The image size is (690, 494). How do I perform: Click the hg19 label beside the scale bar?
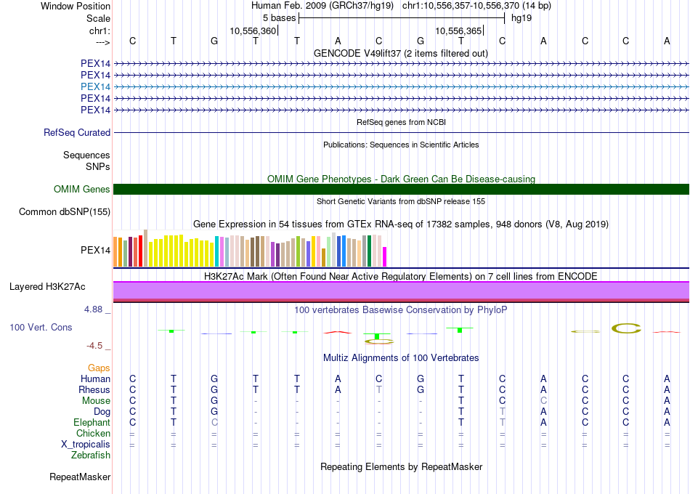pyautogui.click(x=521, y=17)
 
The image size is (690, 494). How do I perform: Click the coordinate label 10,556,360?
pyautogui.click(x=253, y=31)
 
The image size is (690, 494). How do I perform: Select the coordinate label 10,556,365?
pyautogui.click(x=458, y=31)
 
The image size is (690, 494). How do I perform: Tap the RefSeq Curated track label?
pyautogui.click(x=77, y=133)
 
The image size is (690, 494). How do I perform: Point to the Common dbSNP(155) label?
pyautogui.click(x=65, y=212)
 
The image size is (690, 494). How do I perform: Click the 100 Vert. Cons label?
pyautogui.click(x=41, y=328)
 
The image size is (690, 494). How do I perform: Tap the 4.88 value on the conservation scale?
pyautogui.click(x=94, y=309)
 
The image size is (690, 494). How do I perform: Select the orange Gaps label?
pyautogui.click(x=99, y=368)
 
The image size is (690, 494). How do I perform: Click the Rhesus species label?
pyautogui.click(x=94, y=390)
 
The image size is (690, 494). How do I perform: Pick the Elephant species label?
pyautogui.click(x=92, y=423)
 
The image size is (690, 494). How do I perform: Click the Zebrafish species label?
pyautogui.click(x=91, y=455)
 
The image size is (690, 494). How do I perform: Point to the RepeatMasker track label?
pyautogui.click(x=80, y=477)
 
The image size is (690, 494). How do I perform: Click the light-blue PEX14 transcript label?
pyautogui.click(x=95, y=86)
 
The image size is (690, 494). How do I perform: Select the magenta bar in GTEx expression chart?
pyautogui.click(x=385, y=256)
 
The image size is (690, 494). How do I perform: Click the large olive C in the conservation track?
pyautogui.click(x=626, y=328)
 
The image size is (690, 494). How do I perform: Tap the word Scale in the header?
pyautogui.click(x=98, y=17)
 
